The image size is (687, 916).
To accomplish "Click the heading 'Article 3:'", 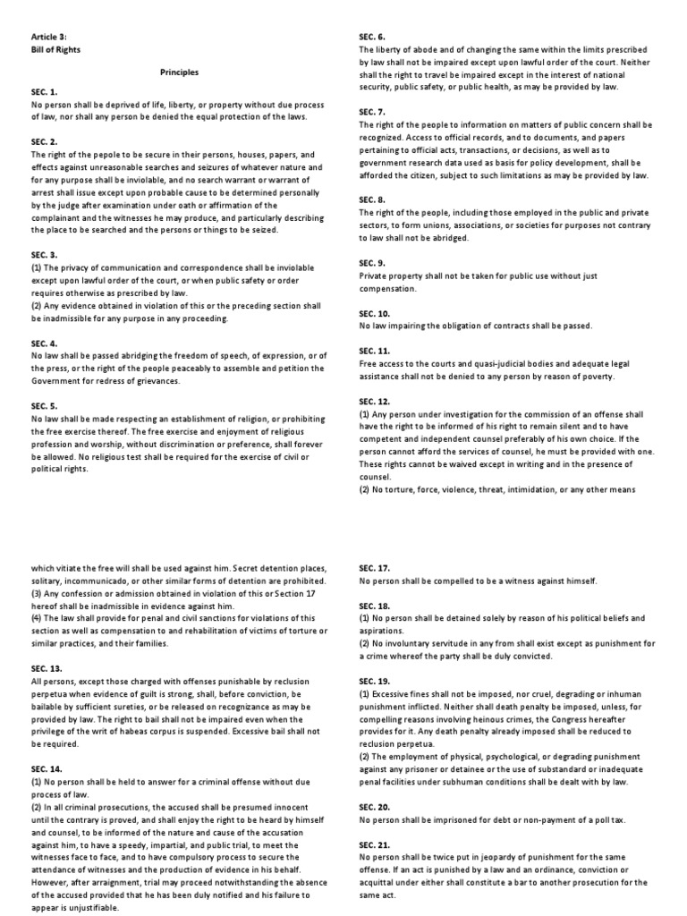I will pos(49,37).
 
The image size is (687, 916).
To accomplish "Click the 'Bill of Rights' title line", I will pos(55,49).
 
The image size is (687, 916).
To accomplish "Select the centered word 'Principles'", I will pos(179,72).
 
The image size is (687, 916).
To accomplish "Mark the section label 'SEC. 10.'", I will pos(375,314).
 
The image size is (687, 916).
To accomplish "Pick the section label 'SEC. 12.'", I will pos(375,402).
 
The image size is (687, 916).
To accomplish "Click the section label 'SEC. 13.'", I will pos(47,657).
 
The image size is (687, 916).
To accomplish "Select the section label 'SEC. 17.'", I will pos(375,568).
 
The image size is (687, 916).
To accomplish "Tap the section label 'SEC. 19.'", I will pos(375,681).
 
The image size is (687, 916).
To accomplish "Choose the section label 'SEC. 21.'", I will pos(375,844).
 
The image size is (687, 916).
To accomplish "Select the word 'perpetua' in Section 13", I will pos(50,682).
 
